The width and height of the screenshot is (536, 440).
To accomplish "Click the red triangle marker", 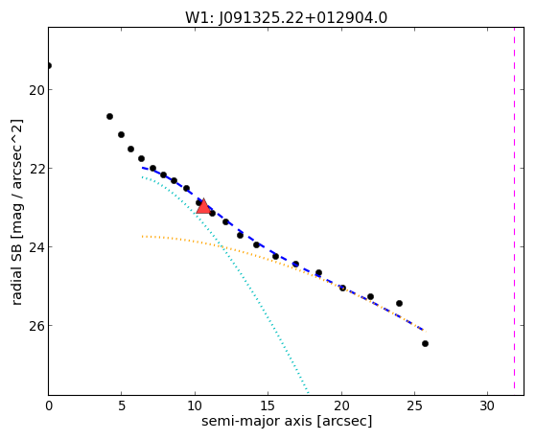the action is click(x=203, y=206).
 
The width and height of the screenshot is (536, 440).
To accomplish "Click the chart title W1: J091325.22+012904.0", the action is click(x=286, y=17).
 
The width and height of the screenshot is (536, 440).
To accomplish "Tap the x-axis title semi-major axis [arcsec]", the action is click(x=287, y=421).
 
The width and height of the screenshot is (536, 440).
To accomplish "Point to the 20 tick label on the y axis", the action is click(x=36, y=90).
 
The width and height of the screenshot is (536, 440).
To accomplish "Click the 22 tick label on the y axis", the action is click(x=36, y=169).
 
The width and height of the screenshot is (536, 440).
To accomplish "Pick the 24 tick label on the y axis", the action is click(x=36, y=246).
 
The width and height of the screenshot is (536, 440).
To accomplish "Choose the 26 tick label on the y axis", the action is click(x=36, y=326).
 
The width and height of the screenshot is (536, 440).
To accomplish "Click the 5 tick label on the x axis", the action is click(x=122, y=405).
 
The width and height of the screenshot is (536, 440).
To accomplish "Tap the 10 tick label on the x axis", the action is click(x=195, y=405).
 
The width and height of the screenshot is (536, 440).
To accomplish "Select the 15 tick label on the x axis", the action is click(x=268, y=405).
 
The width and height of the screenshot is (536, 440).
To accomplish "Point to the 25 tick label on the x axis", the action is click(x=414, y=405).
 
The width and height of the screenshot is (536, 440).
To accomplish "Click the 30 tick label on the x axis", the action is click(x=487, y=405).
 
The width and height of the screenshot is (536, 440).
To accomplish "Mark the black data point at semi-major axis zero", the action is click(x=49, y=65).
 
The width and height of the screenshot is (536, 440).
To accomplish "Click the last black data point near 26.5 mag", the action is click(x=425, y=343).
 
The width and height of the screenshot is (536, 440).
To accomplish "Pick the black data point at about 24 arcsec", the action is click(x=399, y=303).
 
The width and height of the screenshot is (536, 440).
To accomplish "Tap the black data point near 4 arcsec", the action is click(x=109, y=117).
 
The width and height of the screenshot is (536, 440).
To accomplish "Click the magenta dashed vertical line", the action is click(x=514, y=209).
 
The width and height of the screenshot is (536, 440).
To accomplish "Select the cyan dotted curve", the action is click(x=219, y=241).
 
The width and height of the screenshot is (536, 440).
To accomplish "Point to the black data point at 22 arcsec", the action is click(x=370, y=297).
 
